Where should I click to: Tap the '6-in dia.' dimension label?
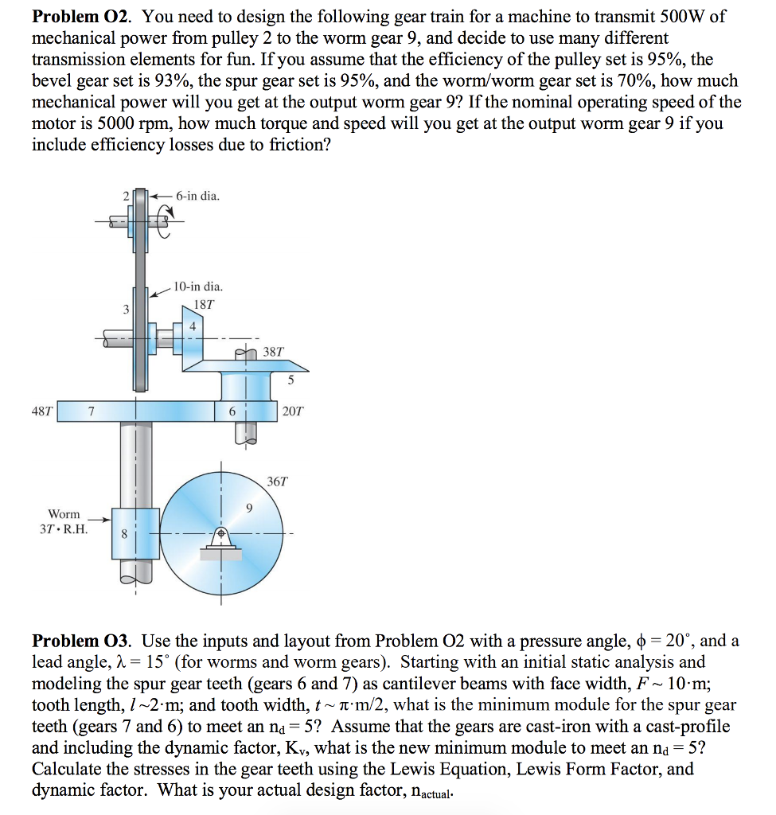(198, 196)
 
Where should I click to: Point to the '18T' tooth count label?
(204, 305)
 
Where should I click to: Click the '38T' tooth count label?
(273, 351)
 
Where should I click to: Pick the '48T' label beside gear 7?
(42, 411)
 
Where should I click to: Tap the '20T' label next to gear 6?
(292, 411)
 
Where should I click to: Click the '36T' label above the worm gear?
(278, 482)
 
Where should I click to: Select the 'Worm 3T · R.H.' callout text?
(64, 521)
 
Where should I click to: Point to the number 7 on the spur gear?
(92, 411)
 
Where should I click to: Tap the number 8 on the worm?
(124, 536)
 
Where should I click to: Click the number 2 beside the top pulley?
(124, 195)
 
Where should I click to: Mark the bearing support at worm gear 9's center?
(221, 541)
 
